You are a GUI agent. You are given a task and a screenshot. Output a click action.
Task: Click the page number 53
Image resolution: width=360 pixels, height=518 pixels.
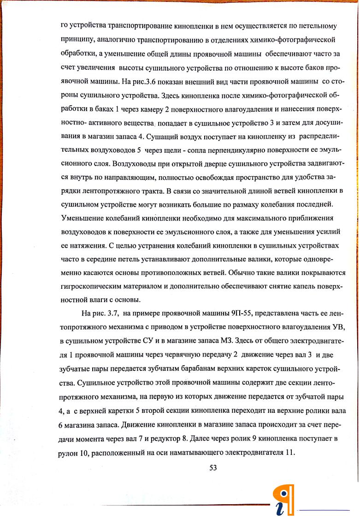point(213,468)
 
